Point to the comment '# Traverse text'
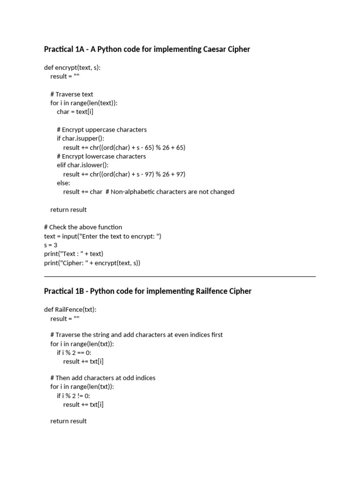[72, 94]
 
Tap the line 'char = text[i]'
[78, 112]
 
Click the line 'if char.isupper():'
[81, 138]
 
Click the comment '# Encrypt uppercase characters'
[102, 129]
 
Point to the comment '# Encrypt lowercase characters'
[101, 156]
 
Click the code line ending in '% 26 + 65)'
[124, 147]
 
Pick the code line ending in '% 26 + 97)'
[124, 174]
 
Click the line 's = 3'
[51, 245]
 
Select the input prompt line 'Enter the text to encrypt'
[103, 236]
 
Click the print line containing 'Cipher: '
[92, 263]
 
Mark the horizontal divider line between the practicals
[180, 277]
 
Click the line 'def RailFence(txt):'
[70, 309]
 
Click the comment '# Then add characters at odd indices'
[103, 378]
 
